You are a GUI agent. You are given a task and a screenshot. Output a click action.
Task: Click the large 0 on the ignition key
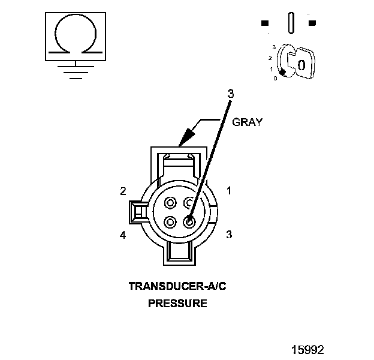tap(303, 64)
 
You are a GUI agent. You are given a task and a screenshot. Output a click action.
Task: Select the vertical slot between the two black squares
tap(291, 23)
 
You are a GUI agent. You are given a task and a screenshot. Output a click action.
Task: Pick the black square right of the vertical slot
tap(312, 23)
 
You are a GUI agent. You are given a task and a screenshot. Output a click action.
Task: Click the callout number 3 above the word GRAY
tap(230, 94)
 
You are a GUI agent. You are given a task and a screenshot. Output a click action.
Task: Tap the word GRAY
tap(248, 122)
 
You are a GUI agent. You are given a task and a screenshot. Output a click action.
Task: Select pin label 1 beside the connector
tap(228, 191)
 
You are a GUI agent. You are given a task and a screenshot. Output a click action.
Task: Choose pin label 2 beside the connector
tap(123, 191)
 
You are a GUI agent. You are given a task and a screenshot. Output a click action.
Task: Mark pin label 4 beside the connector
tap(123, 235)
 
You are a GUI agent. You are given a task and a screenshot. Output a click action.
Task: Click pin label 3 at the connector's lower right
tap(228, 235)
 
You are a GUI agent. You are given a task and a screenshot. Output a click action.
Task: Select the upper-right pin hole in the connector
tap(189, 202)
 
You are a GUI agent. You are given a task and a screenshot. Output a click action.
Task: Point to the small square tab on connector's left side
tap(137, 211)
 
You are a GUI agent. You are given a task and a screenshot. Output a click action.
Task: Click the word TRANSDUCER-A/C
tap(177, 287)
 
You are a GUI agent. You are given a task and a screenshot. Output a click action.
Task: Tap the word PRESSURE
tap(177, 304)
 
